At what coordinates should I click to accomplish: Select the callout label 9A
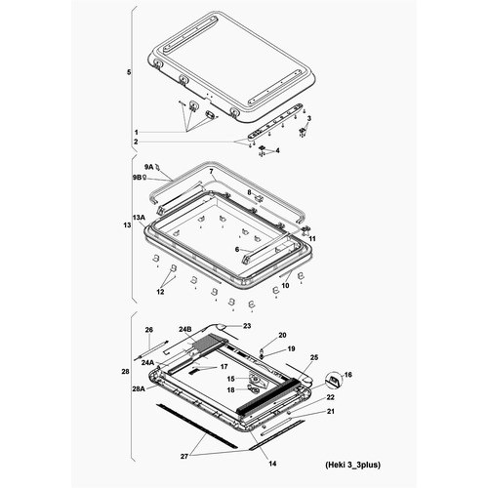(150, 167)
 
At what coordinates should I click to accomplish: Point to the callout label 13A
(139, 217)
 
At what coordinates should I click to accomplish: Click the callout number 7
(210, 172)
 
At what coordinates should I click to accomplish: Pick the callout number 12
(161, 292)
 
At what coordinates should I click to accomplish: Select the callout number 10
(286, 286)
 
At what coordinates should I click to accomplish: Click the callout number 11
(312, 238)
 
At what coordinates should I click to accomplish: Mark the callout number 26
(149, 330)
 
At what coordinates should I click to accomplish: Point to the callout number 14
(272, 462)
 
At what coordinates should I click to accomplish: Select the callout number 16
(349, 374)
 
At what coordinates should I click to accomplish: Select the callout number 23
(247, 325)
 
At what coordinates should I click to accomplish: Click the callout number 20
(282, 335)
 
